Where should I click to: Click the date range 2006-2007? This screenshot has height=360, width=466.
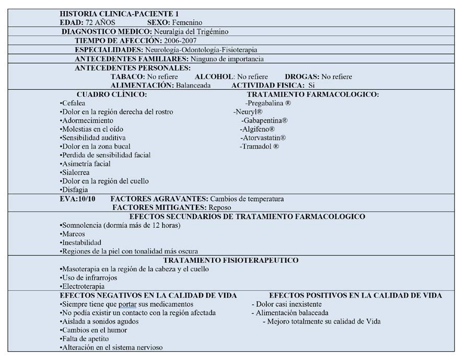click(180, 40)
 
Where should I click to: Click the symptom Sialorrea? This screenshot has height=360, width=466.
click(75, 172)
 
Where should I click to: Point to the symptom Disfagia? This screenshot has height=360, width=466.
click(74, 190)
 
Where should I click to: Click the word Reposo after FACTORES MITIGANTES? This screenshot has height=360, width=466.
click(220, 207)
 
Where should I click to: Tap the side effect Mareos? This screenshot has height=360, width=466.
click(73, 234)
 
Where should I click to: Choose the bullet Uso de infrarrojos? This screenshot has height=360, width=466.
click(89, 277)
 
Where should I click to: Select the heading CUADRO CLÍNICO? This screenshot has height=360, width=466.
click(111, 94)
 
